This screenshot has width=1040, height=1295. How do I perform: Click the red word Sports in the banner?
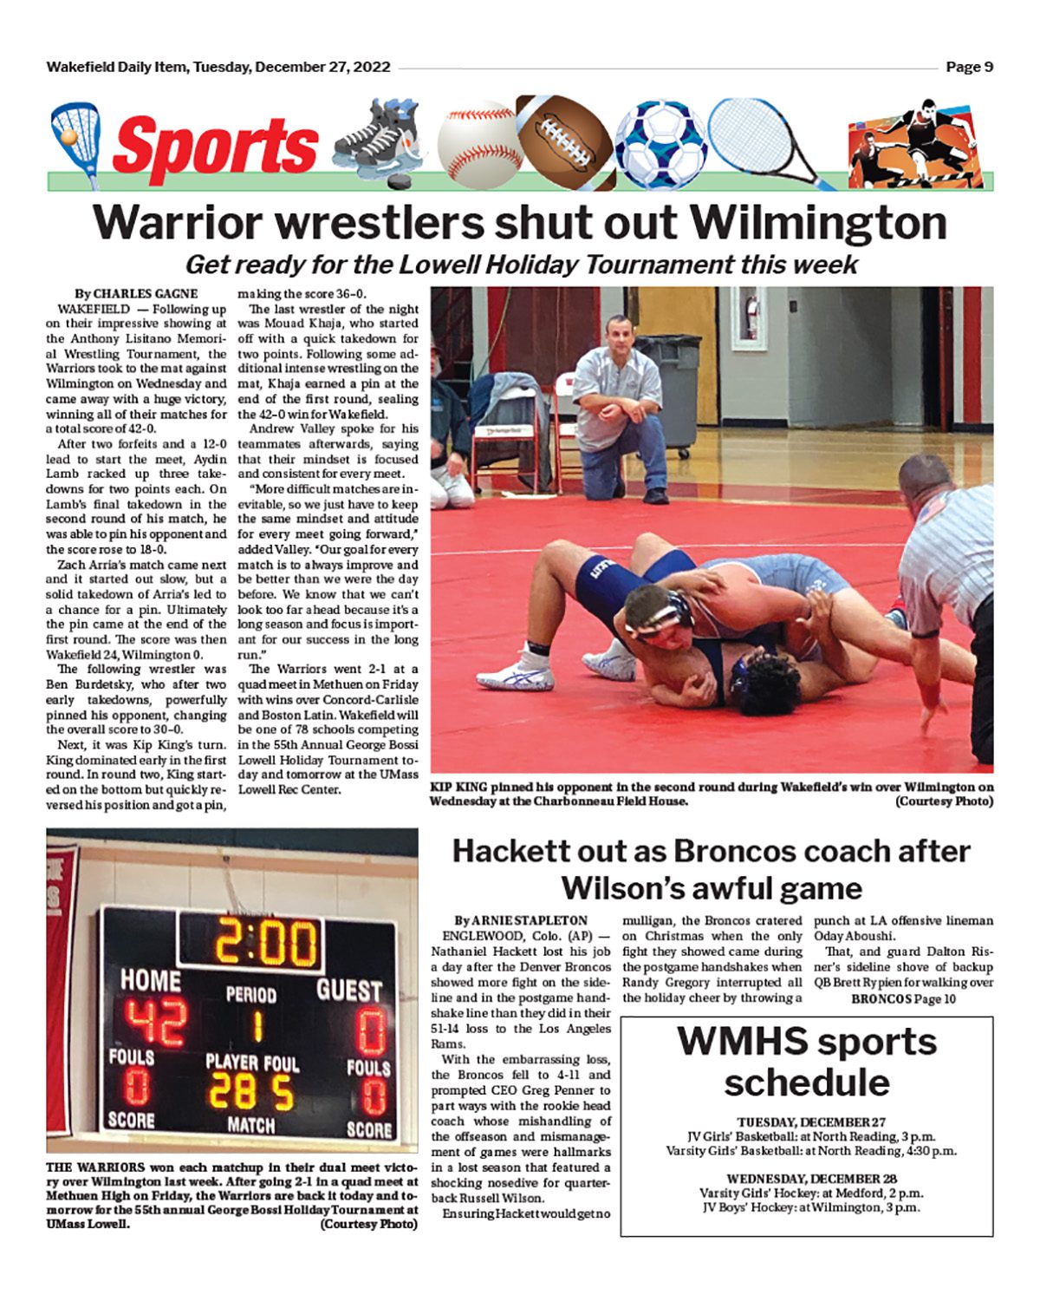[215, 145]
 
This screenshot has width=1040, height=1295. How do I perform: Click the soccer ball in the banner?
[660, 144]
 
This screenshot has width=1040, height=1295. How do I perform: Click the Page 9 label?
[969, 67]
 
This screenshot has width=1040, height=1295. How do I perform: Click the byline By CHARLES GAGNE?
[136, 293]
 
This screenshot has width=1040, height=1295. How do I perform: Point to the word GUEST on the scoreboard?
[348, 990]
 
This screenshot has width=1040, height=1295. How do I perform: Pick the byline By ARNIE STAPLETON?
[521, 920]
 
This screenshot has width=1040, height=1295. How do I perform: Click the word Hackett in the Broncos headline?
[513, 851]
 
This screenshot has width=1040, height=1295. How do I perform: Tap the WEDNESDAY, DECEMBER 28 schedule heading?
[811, 1178]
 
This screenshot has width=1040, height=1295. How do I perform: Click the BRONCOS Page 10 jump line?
[903, 998]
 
